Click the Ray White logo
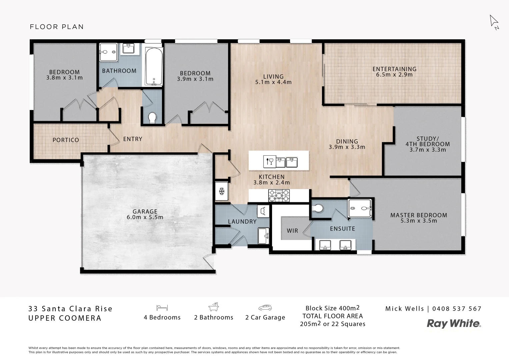(x=454, y=323)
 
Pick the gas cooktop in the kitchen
(x=279, y=196)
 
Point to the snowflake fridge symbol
(x=221, y=191)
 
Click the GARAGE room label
(x=145, y=211)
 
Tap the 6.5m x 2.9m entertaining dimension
(x=394, y=75)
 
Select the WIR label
(x=292, y=231)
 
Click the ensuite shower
(x=360, y=209)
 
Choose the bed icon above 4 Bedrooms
(x=162, y=308)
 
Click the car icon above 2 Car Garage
(x=265, y=308)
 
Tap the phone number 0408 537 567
(x=457, y=309)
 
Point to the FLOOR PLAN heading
(x=57, y=27)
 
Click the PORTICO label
(x=66, y=140)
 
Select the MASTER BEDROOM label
(x=419, y=215)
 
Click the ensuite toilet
(x=318, y=208)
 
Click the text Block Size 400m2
(x=332, y=308)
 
